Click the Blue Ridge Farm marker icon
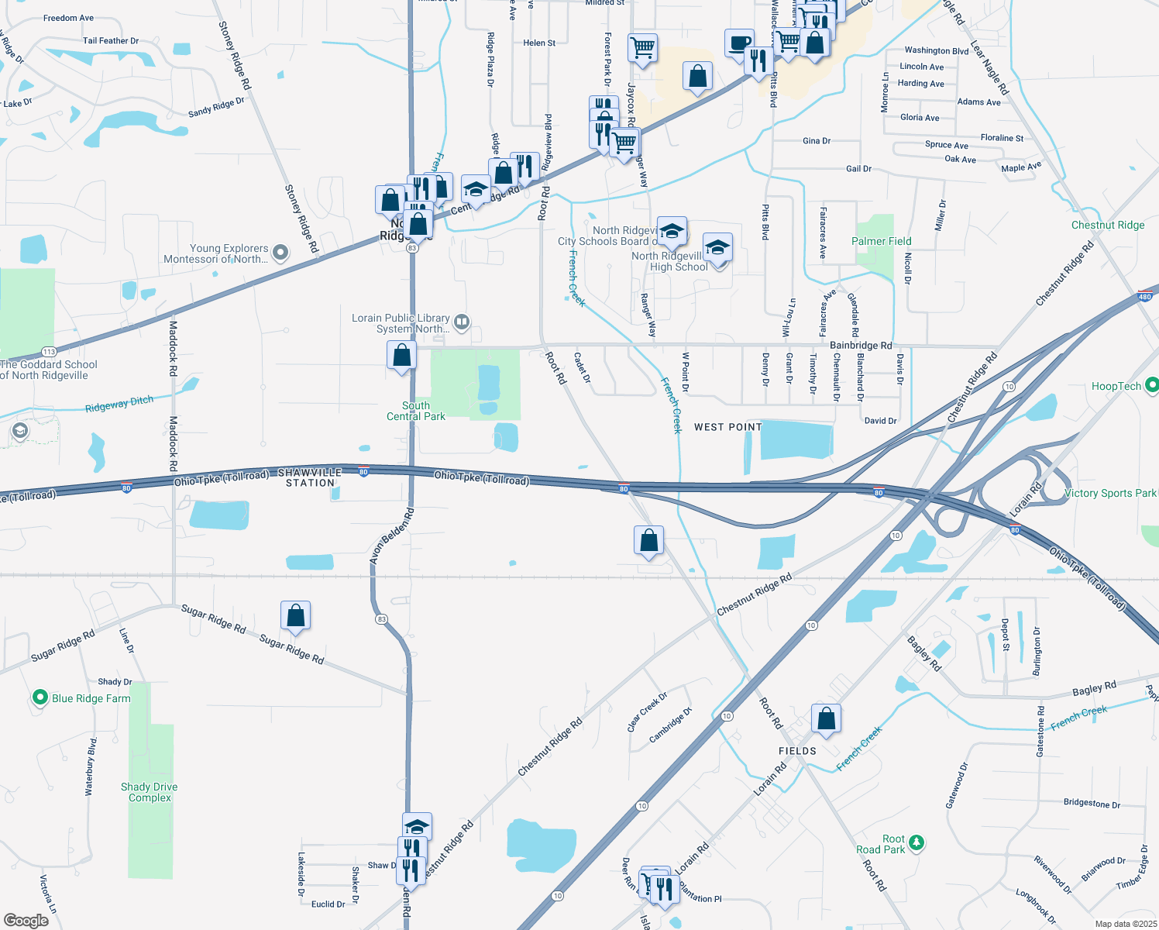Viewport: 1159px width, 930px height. click(x=40, y=698)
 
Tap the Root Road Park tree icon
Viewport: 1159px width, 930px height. click(x=916, y=842)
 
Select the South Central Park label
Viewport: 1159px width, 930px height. click(x=416, y=411)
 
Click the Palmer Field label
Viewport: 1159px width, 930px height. click(x=881, y=241)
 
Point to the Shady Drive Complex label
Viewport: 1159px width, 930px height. click(x=150, y=792)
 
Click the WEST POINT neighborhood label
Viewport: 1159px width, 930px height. click(x=727, y=427)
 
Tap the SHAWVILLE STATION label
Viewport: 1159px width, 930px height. click(x=310, y=477)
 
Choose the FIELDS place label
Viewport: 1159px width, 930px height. click(x=797, y=751)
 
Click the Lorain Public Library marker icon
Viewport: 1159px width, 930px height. click(x=462, y=322)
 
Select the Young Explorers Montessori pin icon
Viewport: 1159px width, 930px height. click(x=280, y=253)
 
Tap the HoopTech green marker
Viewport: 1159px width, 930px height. click(x=1151, y=385)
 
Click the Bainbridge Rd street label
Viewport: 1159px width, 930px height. click(x=861, y=346)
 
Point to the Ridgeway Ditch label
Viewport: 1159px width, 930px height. click(x=119, y=404)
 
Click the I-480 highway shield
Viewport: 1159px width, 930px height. click(x=1145, y=296)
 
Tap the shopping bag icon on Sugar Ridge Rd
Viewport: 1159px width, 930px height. click(x=295, y=616)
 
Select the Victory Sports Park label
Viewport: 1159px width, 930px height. click(x=1109, y=493)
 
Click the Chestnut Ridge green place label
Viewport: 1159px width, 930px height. click(x=1107, y=225)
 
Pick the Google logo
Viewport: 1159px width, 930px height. click(x=26, y=920)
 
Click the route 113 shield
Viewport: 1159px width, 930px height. click(x=50, y=352)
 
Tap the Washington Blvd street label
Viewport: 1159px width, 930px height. click(x=936, y=51)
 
